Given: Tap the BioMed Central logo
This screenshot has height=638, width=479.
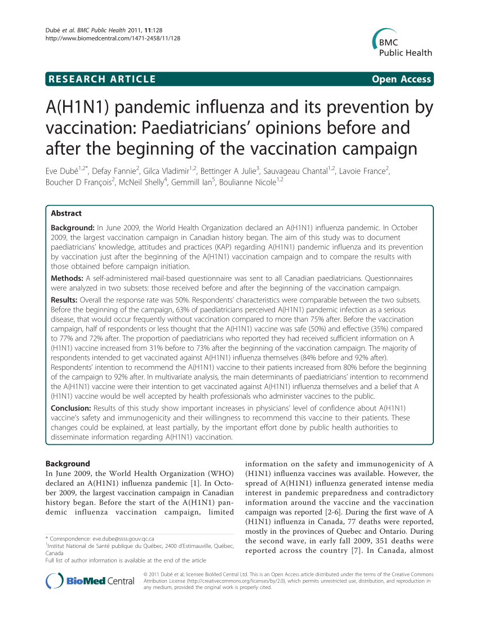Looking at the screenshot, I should [90, 581].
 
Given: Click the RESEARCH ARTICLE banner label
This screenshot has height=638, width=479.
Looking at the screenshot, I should [101, 79].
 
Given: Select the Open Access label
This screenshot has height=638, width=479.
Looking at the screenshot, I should [401, 79].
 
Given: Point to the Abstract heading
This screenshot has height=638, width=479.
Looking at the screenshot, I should [66, 213].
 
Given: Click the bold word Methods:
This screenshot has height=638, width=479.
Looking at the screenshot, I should [67, 278].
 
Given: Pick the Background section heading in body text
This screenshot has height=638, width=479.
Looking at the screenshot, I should [68, 464].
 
